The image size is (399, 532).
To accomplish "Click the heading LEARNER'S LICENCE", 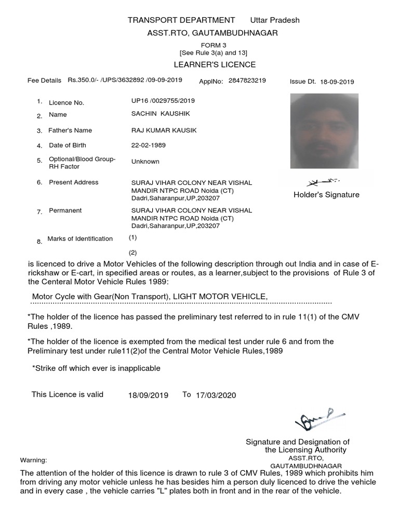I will tap(215, 64).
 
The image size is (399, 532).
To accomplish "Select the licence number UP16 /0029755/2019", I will tap(163, 101).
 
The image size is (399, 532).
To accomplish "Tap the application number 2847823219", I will tap(247, 81).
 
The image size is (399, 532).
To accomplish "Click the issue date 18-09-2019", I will tap(337, 82).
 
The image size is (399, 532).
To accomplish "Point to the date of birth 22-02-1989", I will tap(149, 145).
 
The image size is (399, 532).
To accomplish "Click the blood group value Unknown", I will tap(145, 162).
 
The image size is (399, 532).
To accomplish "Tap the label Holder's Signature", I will tap(326, 195).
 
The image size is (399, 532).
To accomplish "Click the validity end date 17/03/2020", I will tap(216, 395).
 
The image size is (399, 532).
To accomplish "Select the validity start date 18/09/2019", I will tap(148, 395).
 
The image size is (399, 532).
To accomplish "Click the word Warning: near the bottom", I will tap(33, 460).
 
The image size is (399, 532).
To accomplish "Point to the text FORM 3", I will tap(214, 46).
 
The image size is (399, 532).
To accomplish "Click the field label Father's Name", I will tap(70, 130).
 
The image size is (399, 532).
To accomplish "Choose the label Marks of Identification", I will tap(80, 239).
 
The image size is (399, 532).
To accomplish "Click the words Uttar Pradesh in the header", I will tap(275, 20).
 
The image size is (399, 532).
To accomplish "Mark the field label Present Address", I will tap(73, 182).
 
